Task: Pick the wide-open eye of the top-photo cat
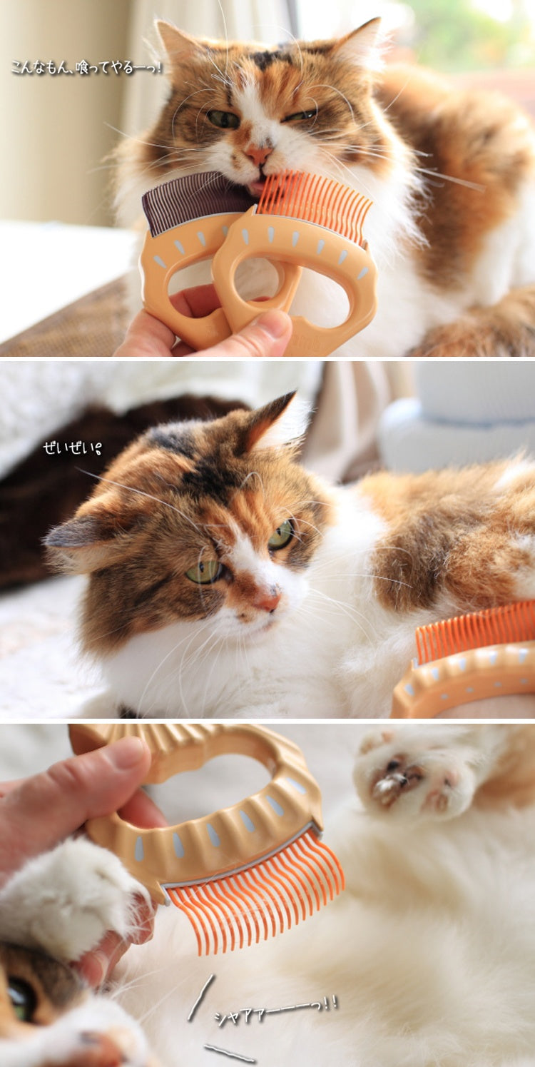click(223, 119)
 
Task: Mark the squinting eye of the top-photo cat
click(300, 115)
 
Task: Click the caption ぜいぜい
click(72, 448)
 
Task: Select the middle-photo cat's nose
click(270, 601)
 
